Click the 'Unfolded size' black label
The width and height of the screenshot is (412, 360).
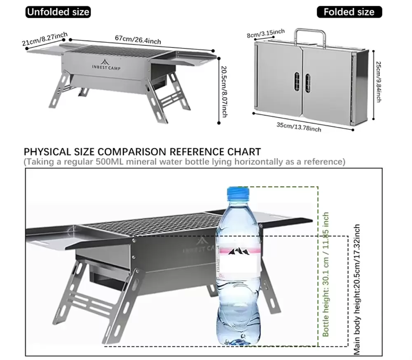pos(58,12)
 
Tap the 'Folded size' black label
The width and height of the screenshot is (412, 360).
pos(349,12)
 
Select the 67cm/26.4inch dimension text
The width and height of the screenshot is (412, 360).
pos(138,40)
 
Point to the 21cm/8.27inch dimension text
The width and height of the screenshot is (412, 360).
pos(44,39)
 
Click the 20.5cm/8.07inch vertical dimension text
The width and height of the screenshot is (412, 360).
pos(224,92)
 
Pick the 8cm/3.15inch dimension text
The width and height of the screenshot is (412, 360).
pos(266,33)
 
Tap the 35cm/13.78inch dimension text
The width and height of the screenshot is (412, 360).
pos(299,127)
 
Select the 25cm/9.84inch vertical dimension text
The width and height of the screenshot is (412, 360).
pos(378,82)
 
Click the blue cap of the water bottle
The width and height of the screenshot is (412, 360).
pos(238,192)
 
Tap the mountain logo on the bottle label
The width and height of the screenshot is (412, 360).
pos(239,252)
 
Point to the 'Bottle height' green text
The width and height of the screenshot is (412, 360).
pos(326,274)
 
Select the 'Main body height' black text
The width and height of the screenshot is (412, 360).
pos(356,290)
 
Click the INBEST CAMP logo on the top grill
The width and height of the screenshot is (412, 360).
pos(106,64)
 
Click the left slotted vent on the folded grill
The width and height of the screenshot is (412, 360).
pos(297,82)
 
